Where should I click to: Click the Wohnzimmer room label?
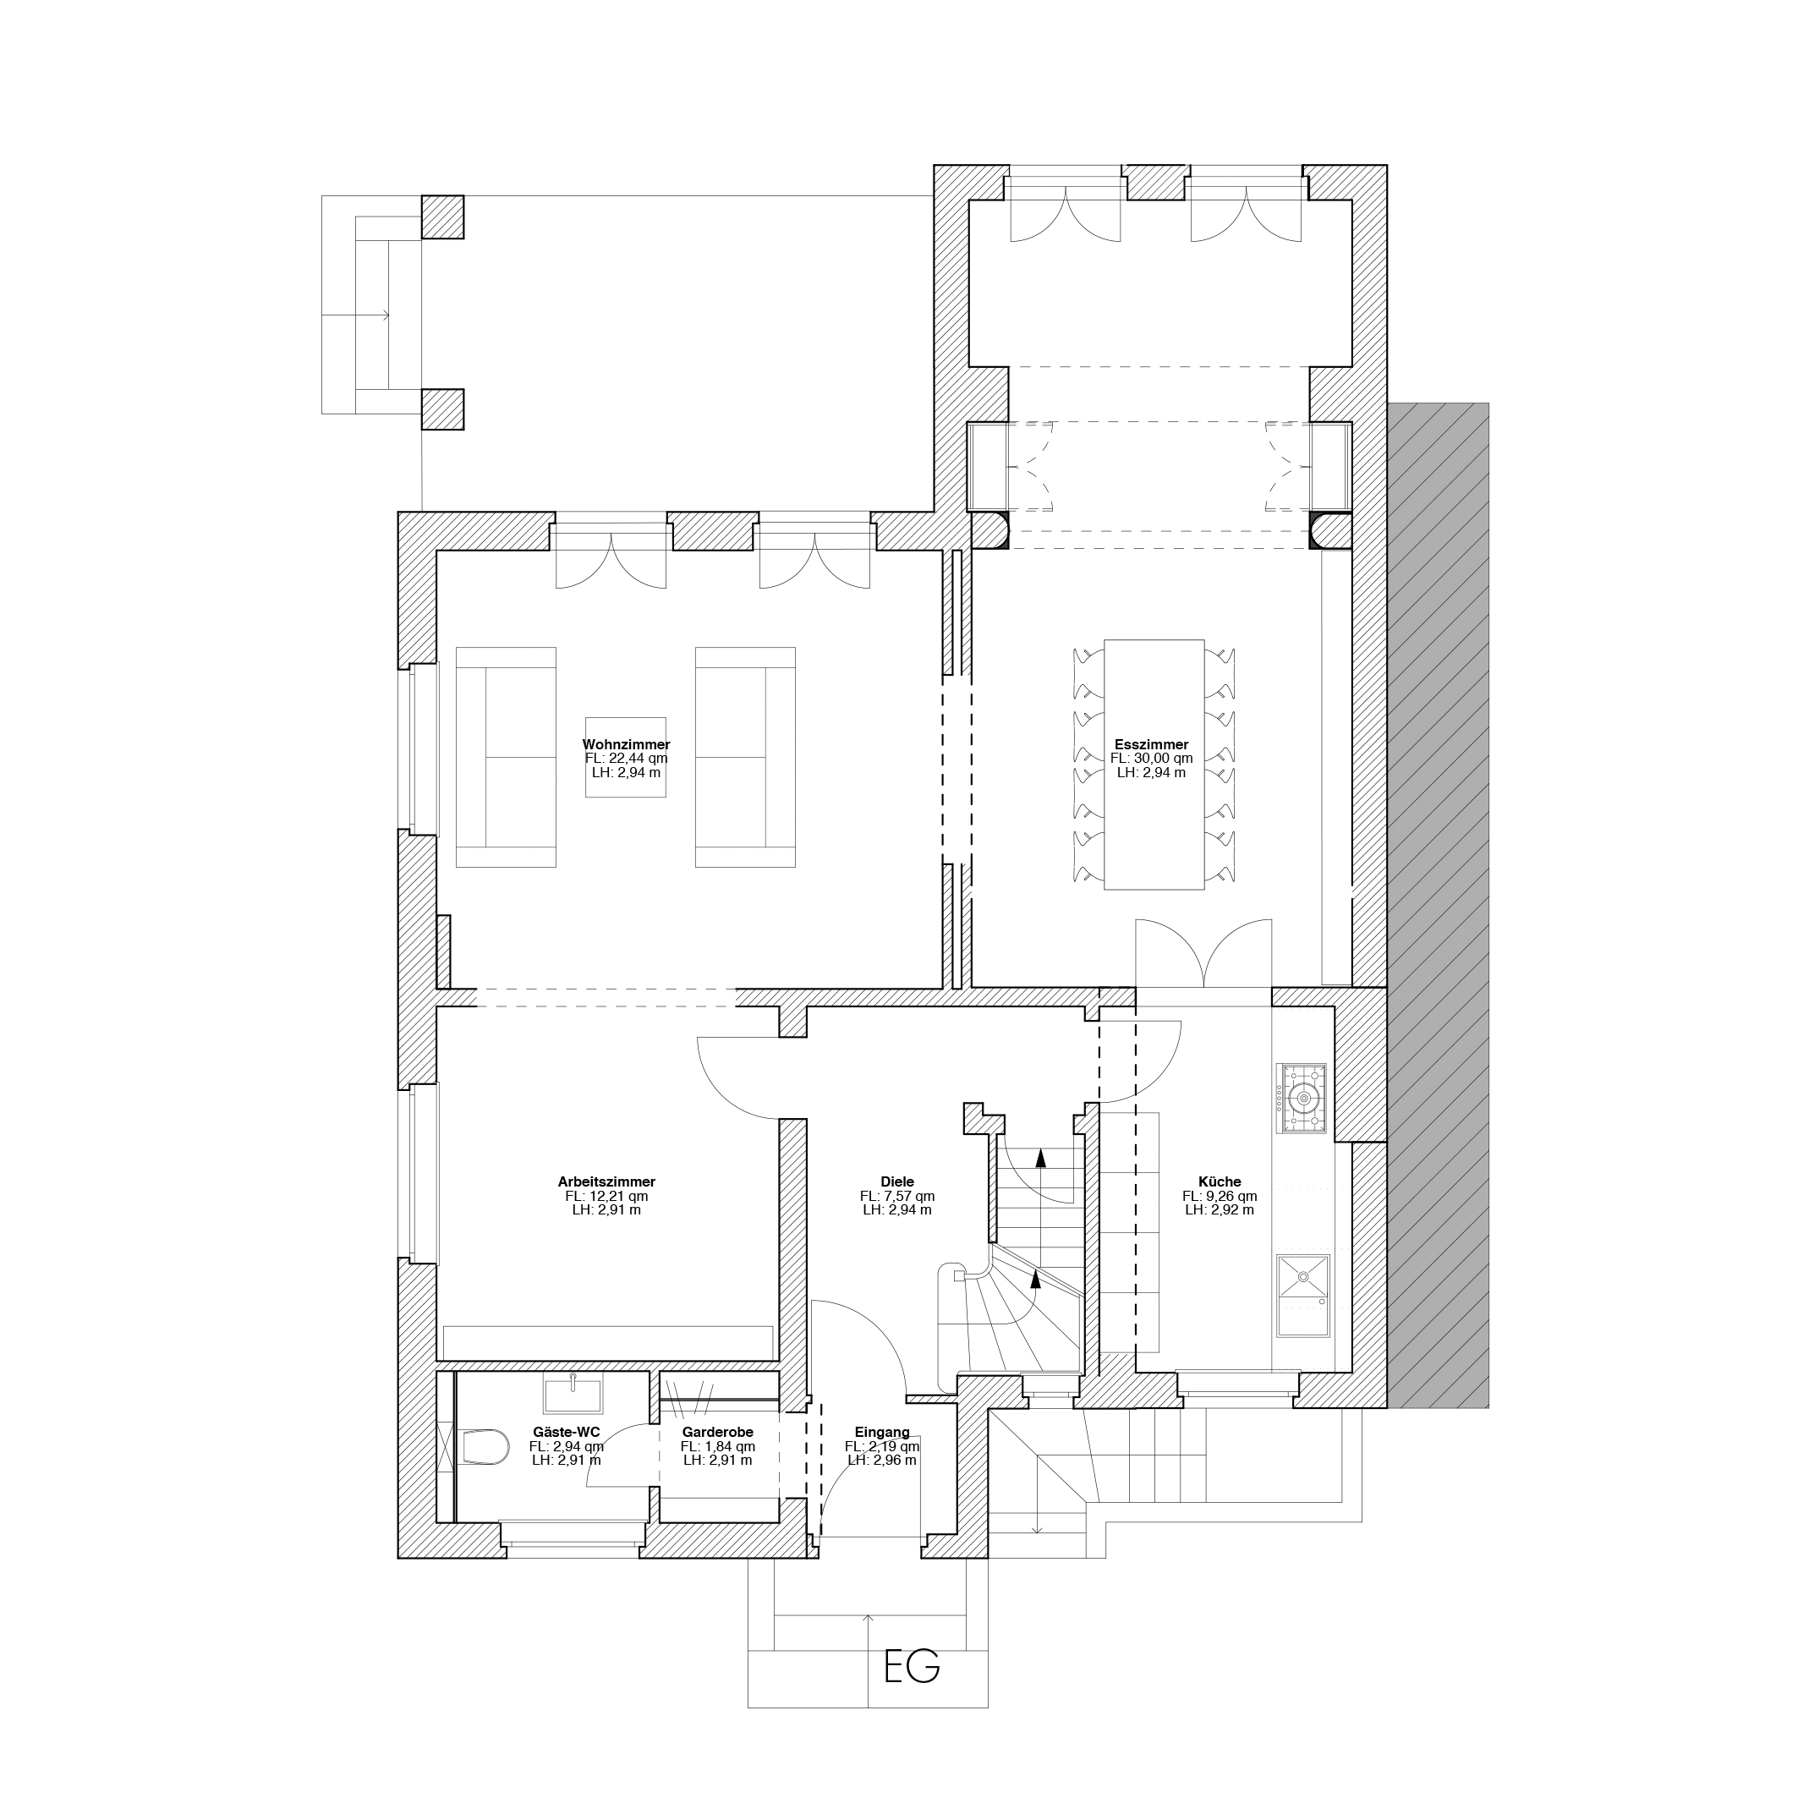627,744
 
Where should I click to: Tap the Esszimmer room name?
1151,744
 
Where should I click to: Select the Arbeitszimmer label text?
606,1182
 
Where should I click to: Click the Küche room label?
1220,1182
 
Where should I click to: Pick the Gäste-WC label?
567,1433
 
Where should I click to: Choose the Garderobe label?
717,1433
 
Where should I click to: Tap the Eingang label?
882,1433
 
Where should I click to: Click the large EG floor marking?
912,1668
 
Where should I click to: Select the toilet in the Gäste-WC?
485,1446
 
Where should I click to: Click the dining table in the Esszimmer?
1154,764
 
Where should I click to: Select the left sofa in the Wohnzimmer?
506,758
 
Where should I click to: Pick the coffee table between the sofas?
625,757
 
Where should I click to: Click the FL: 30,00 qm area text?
1151,759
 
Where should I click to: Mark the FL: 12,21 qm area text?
606,1196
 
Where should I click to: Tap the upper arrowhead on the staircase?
1040,1159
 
